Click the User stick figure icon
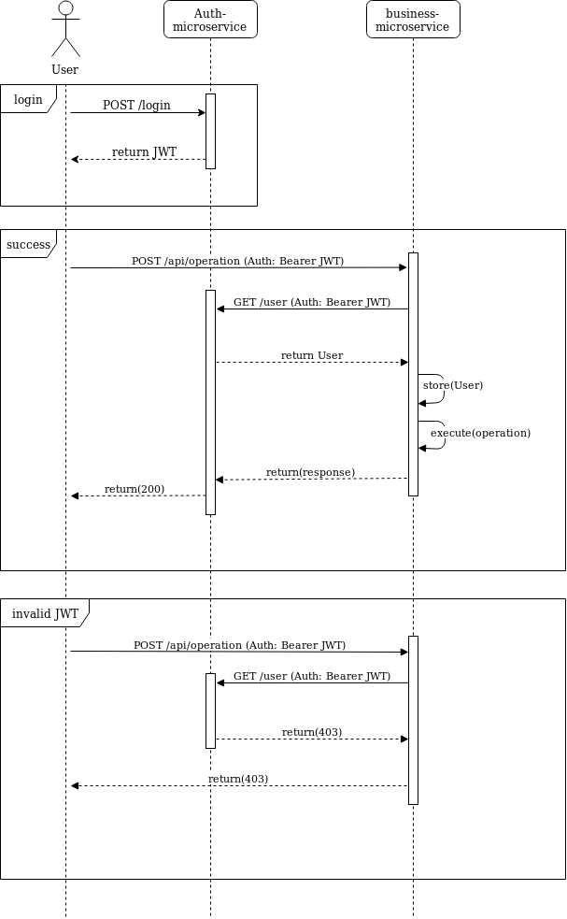pyautogui.click(x=65, y=29)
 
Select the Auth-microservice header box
pyautogui.click(x=210, y=20)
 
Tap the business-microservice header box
pyautogui.click(x=413, y=20)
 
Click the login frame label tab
pyautogui.click(x=28, y=99)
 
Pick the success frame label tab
pyautogui.click(x=28, y=244)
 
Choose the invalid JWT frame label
pyautogui.click(x=45, y=613)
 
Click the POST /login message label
pyautogui.click(x=136, y=105)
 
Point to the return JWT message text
pyautogui.click(x=144, y=151)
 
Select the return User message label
pyautogui.click(x=312, y=355)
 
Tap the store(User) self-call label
pyautogui.click(x=453, y=384)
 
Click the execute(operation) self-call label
pyautogui.click(x=480, y=433)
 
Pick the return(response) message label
pyautogui.click(x=310, y=472)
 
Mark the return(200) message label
pyautogui.click(x=135, y=489)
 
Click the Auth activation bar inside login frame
pyautogui.click(x=210, y=131)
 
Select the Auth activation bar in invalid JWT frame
pyautogui.click(x=210, y=711)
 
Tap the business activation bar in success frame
pyautogui.click(x=413, y=374)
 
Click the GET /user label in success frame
pyautogui.click(x=312, y=302)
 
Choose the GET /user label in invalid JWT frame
pyautogui.click(x=312, y=676)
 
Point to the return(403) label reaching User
pyautogui.click(x=238, y=779)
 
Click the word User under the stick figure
pyautogui.click(x=65, y=69)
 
